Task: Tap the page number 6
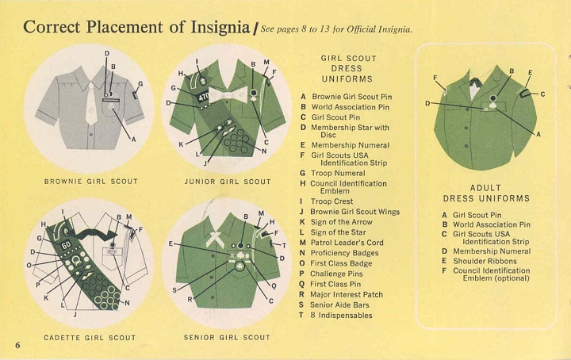click(17, 344)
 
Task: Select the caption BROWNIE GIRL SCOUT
click(90, 182)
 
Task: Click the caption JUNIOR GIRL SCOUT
click(228, 182)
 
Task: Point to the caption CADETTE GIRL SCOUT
click(90, 338)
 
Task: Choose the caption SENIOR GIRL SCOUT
click(228, 338)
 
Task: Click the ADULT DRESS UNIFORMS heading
click(486, 193)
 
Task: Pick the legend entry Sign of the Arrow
click(342, 222)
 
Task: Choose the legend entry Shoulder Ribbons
click(486, 260)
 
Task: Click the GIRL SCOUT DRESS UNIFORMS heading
click(348, 68)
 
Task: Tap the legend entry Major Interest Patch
click(347, 294)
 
